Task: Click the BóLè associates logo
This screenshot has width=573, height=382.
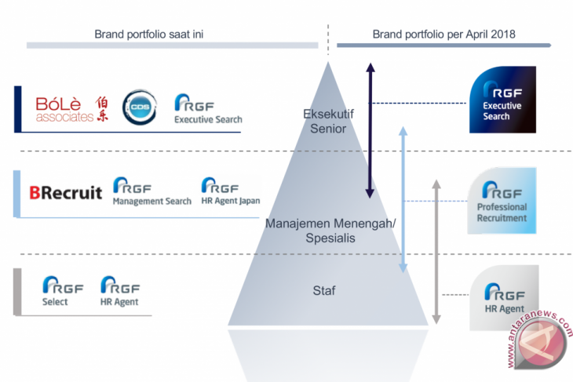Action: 71,110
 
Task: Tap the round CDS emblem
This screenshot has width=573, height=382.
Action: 140,107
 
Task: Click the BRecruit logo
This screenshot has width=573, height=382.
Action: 65,192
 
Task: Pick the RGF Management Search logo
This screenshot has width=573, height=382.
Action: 151,191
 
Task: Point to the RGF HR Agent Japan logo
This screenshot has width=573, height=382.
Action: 230,191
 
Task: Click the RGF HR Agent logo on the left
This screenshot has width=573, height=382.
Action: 120,291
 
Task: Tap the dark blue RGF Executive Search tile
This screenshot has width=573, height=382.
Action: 502,99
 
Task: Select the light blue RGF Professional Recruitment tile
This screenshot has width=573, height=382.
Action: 502,201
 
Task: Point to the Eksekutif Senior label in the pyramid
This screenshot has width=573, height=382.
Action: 328,121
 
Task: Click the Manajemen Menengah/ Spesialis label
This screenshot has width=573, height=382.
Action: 330,230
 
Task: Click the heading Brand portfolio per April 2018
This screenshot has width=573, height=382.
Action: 438,34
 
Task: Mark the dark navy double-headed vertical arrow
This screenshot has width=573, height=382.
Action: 370,130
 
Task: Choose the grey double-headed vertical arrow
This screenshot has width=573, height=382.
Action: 436,251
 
